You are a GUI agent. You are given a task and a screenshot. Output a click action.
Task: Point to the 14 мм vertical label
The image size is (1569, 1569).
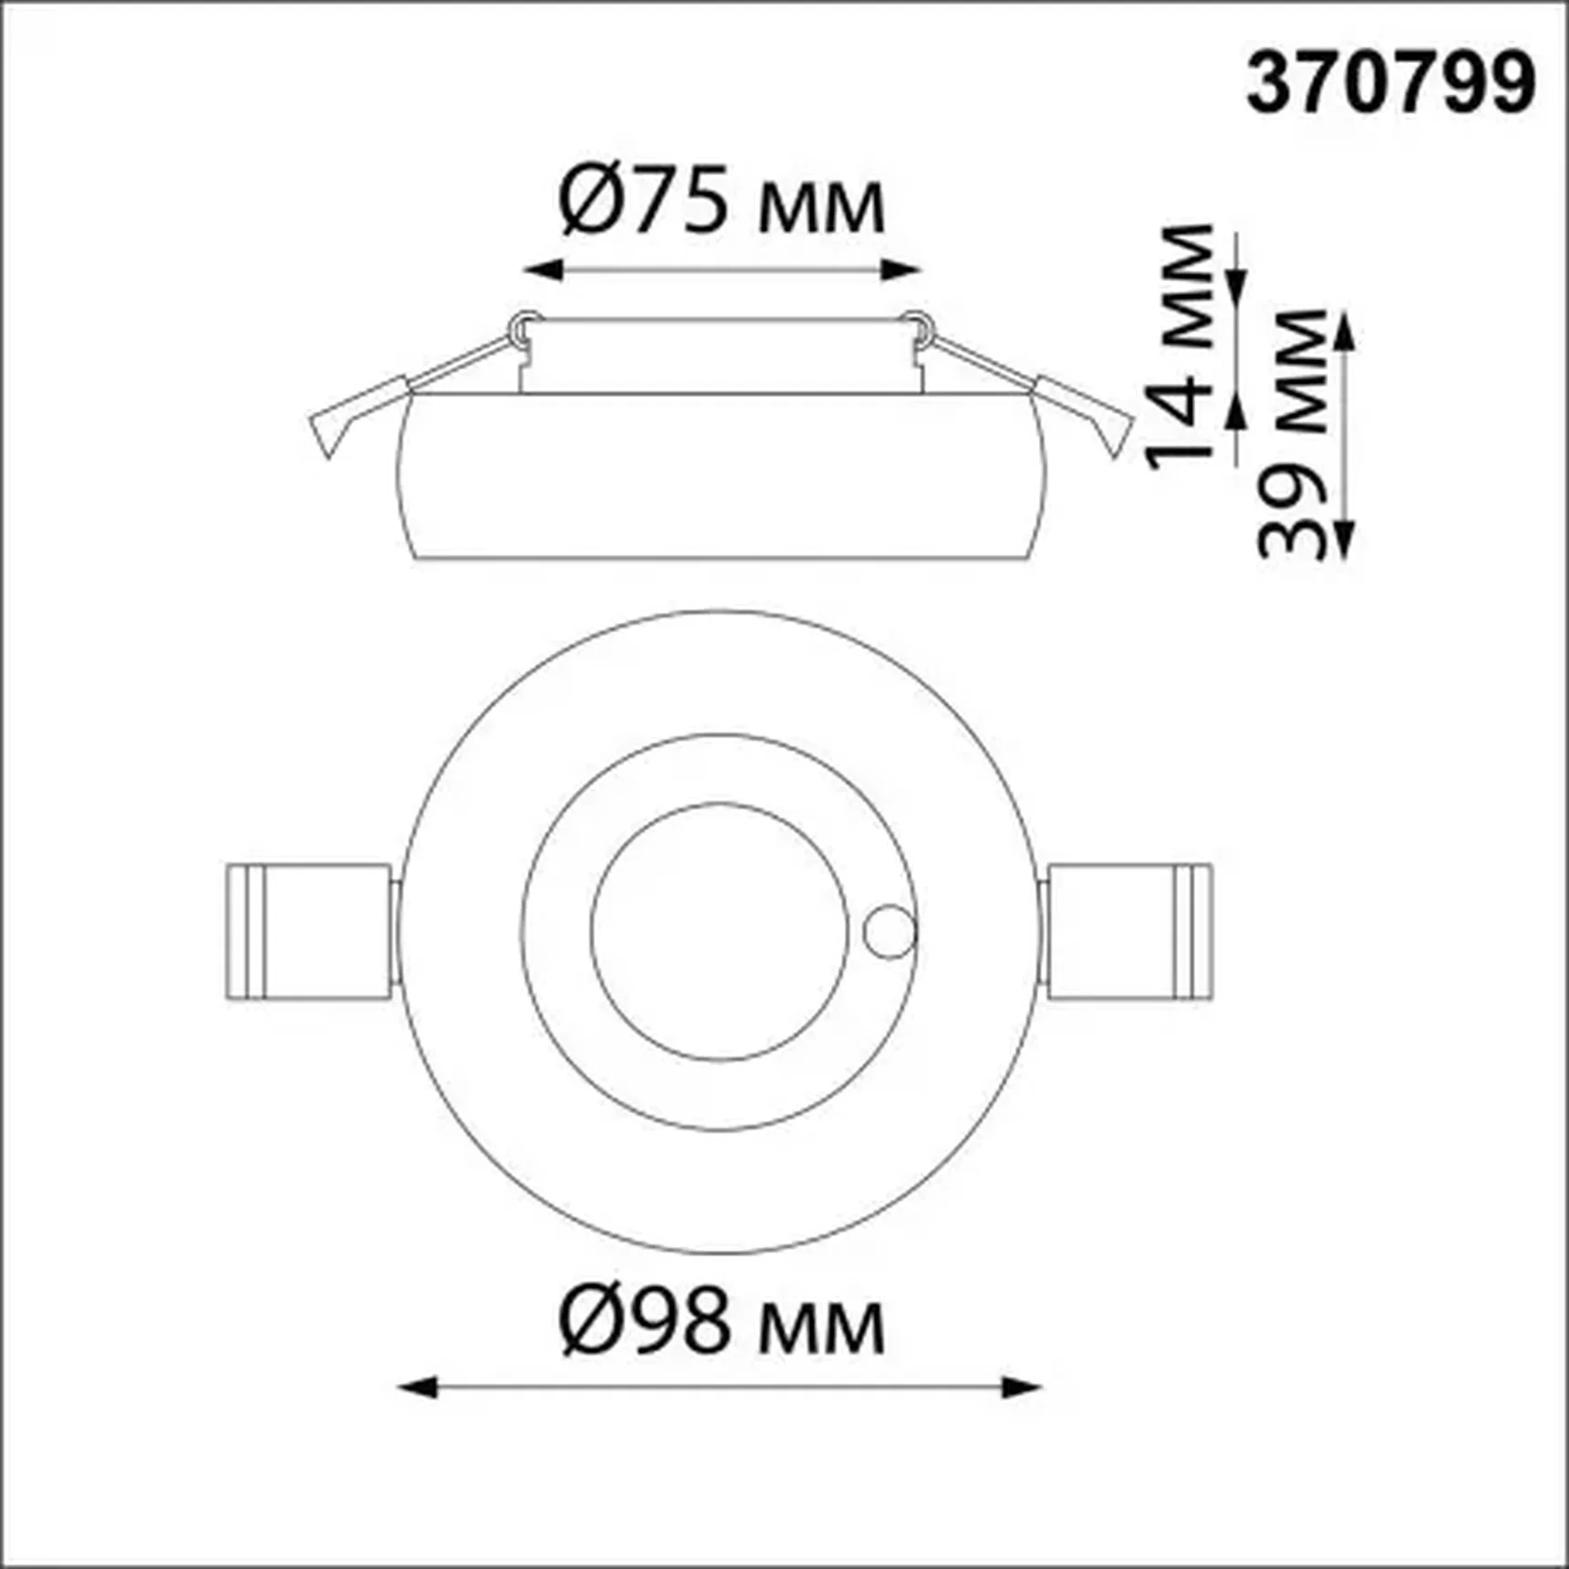[1181, 347]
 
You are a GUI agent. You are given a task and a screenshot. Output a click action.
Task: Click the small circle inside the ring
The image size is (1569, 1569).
[889, 931]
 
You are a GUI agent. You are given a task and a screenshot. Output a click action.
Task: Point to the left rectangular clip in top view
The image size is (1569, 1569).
[309, 931]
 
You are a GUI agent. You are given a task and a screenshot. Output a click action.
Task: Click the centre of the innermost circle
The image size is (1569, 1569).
[720, 931]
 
